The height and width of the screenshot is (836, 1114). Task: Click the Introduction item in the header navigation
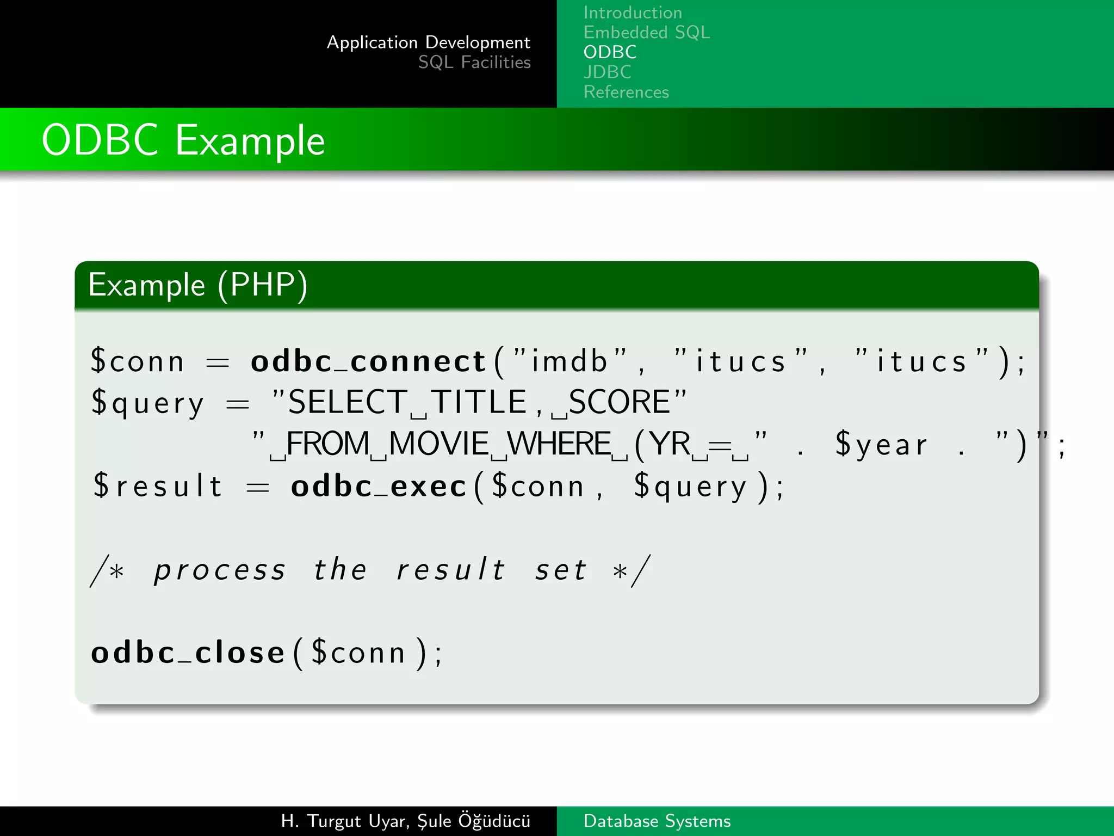(632, 13)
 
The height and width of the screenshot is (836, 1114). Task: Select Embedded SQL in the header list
(646, 33)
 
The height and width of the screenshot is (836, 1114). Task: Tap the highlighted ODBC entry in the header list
(610, 52)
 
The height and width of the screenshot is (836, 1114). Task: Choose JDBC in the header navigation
(607, 72)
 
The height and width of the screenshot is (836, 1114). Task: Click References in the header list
(626, 92)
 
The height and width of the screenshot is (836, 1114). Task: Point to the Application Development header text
(428, 42)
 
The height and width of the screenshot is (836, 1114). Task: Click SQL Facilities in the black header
(474, 63)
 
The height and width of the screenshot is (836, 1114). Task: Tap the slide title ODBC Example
(183, 140)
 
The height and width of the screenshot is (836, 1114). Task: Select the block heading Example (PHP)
(198, 285)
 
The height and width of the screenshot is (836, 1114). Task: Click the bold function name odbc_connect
(368, 361)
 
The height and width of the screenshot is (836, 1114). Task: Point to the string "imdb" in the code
(569, 361)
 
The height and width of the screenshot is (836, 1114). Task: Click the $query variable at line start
(147, 403)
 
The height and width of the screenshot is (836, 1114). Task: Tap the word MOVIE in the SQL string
(439, 444)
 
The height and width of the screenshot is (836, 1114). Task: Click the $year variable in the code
(881, 445)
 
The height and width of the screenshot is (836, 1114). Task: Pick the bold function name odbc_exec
(379, 486)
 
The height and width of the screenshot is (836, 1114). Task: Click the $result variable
(158, 486)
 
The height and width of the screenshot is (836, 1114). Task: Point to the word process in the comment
(220, 570)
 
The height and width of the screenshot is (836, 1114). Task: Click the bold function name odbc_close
(188, 653)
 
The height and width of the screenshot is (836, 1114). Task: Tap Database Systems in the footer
(657, 821)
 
